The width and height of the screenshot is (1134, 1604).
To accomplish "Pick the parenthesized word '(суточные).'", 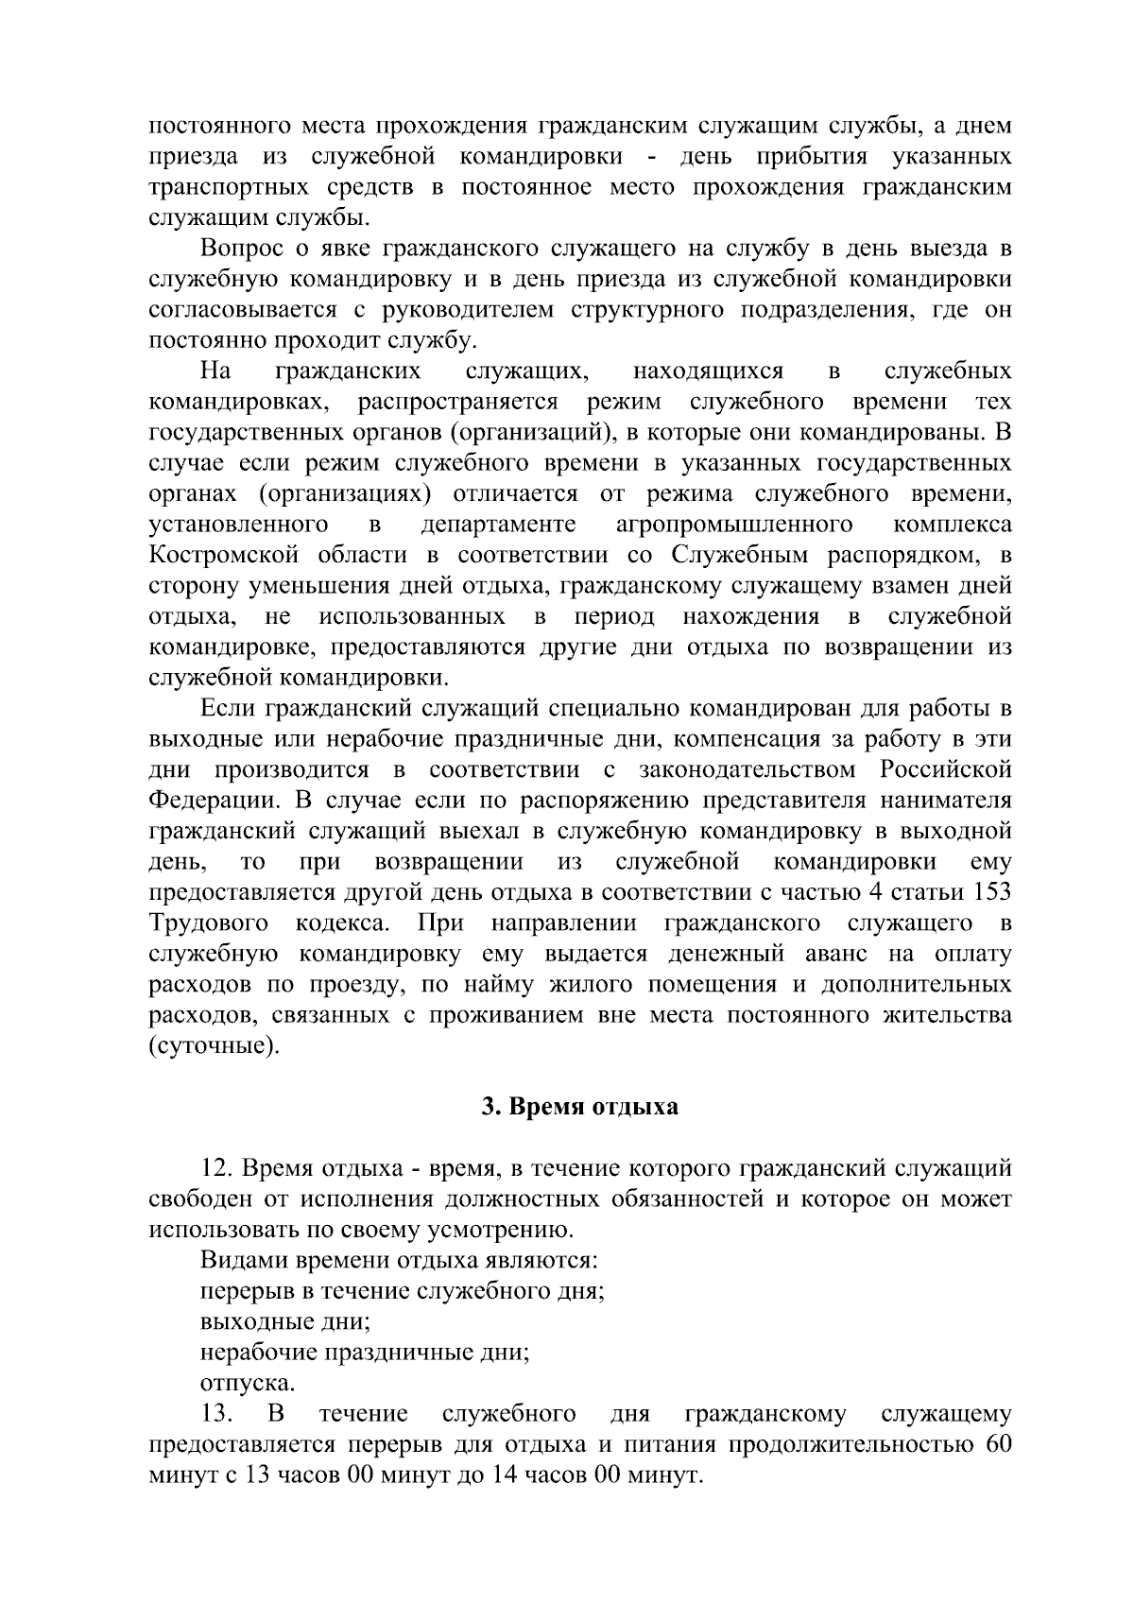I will tap(215, 1046).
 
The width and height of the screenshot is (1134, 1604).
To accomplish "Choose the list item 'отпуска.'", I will tap(248, 1383).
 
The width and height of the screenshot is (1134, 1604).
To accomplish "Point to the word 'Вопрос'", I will tap(240, 250).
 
